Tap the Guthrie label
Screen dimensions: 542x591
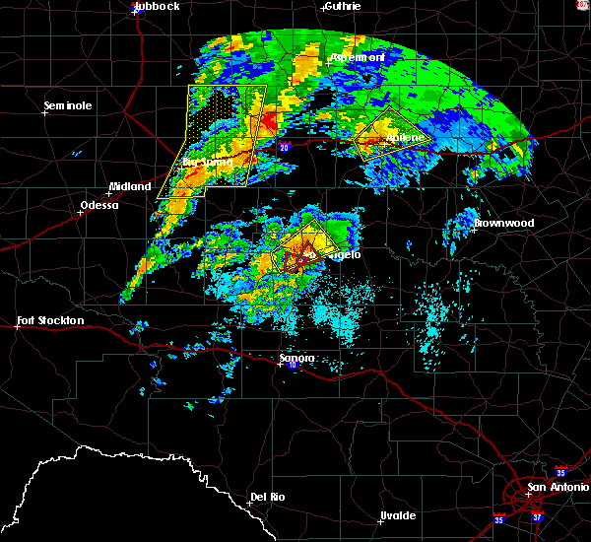(x=341, y=6)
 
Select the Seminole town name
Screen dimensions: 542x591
(x=68, y=105)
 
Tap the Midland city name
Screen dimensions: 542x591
(x=130, y=186)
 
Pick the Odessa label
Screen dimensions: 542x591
(x=98, y=206)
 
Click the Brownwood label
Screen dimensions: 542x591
(x=503, y=223)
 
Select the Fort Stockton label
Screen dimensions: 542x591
(x=50, y=320)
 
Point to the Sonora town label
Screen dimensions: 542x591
(x=296, y=358)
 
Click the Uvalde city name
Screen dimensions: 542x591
(x=397, y=515)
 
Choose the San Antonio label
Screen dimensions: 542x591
(x=557, y=488)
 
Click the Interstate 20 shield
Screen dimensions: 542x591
(x=284, y=148)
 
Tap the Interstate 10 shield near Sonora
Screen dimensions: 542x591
(x=292, y=366)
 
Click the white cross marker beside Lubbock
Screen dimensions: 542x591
(x=134, y=12)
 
